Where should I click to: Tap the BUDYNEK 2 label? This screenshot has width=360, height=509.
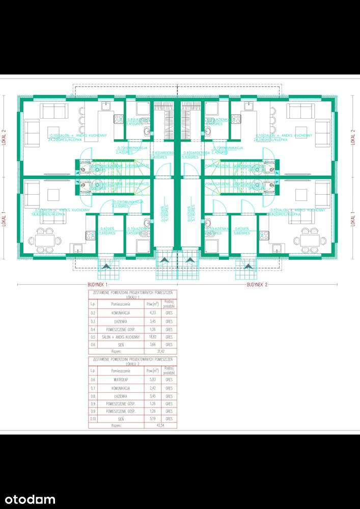[257, 284]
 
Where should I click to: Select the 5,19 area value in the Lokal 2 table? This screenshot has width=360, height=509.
[150, 418]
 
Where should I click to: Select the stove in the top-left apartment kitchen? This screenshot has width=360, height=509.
[118, 119]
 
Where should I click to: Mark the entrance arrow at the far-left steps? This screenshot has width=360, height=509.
[106, 265]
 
